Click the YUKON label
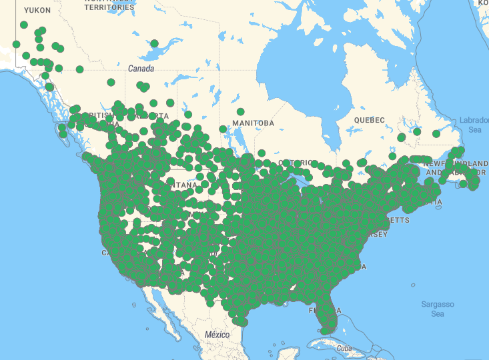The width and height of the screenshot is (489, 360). click(x=37, y=11)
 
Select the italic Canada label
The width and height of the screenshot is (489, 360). click(x=141, y=69)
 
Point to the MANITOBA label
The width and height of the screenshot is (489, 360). click(x=253, y=123)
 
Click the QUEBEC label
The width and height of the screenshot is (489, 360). click(x=370, y=120)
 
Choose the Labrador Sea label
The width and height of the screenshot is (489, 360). click(x=474, y=125)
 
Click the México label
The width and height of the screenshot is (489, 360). click(x=217, y=334)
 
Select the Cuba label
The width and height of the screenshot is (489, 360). click(x=344, y=348)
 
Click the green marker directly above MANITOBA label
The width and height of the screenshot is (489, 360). click(x=240, y=111)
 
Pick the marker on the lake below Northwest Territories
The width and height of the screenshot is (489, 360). click(x=154, y=43)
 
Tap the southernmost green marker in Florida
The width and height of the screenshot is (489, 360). click(x=325, y=330)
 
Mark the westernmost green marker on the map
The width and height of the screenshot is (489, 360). click(x=16, y=44)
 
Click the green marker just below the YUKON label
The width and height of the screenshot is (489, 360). click(x=24, y=25)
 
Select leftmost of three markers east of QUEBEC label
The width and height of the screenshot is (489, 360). click(x=401, y=137)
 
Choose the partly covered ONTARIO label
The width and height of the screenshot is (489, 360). click(x=296, y=163)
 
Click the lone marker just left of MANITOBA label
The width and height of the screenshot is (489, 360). click(x=223, y=129)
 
